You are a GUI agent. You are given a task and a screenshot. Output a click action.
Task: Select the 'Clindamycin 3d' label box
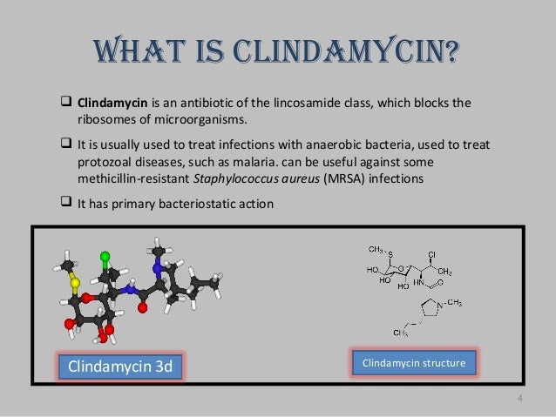(120, 366)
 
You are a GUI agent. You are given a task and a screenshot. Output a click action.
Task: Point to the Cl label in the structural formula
(432, 254)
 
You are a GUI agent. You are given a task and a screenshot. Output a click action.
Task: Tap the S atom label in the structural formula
(390, 254)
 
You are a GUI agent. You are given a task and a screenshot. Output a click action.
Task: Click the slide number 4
(519, 400)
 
